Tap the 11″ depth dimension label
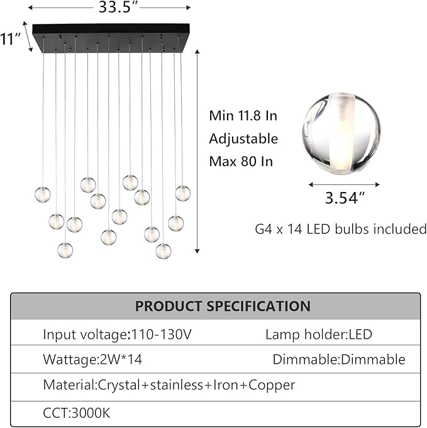[10, 38]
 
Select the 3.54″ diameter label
[345, 198]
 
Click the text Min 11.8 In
[243, 116]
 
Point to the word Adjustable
[243, 139]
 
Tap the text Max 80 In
[241, 161]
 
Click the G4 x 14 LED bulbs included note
[341, 228]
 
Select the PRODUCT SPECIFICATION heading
[223, 306]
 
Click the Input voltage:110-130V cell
[117, 334]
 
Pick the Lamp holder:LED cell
[319, 334]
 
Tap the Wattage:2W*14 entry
[92, 359]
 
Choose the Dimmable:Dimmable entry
[339, 359]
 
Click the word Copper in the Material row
[272, 385]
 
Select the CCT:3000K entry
[77, 414]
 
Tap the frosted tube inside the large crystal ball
[341, 134]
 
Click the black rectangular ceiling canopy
[111, 38]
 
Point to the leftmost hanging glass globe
[43, 194]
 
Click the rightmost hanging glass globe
[183, 193]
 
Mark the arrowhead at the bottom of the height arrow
[197, 251]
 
